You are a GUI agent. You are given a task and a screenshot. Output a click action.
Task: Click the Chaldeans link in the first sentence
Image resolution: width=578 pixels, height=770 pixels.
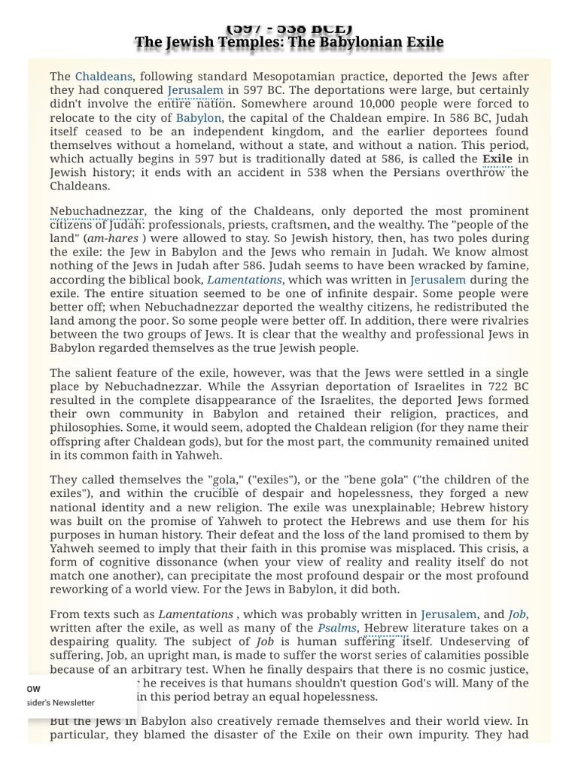coord(104,77)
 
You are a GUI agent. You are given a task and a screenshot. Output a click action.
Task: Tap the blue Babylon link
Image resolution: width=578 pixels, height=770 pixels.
coord(199,118)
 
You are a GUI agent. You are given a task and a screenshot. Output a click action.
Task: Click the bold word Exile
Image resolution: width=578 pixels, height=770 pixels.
coord(497,159)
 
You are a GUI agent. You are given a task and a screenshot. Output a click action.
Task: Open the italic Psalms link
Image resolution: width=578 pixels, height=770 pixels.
coord(336,628)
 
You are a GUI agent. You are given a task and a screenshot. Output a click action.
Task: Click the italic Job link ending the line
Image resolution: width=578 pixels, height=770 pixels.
coord(517,614)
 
